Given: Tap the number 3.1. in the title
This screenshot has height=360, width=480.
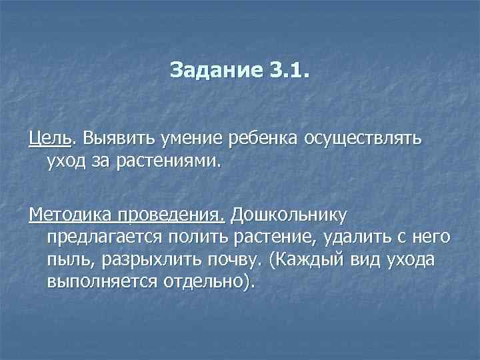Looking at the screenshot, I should (283, 70).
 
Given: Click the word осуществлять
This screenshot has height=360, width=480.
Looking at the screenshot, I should (363, 139).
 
